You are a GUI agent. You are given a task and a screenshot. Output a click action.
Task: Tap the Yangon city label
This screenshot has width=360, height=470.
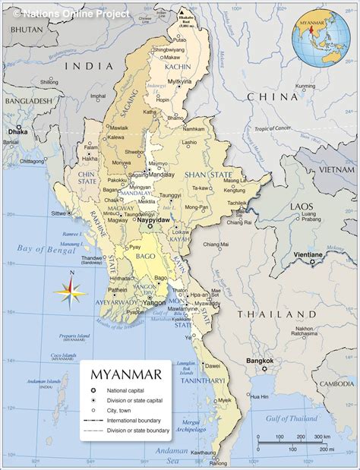click(154, 301)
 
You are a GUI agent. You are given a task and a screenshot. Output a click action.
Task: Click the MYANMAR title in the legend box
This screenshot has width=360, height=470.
click(125, 375)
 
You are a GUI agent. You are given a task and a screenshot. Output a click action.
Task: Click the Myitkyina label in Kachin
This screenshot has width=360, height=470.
click(180, 80)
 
